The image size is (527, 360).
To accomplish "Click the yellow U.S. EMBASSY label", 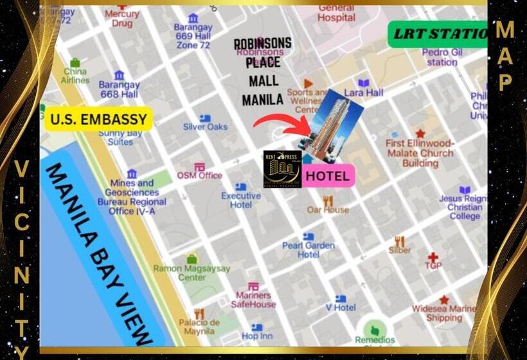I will click(x=99, y=119).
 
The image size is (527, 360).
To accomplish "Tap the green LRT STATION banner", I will click(x=439, y=34).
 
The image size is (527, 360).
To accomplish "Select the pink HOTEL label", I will click(x=328, y=175).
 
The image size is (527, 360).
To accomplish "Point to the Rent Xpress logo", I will click(x=282, y=169).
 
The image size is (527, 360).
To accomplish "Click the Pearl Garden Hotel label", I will click(x=308, y=249).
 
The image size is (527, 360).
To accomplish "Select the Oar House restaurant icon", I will click(x=328, y=201).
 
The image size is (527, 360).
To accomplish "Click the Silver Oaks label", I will click(x=205, y=127).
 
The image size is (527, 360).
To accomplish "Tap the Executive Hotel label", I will click(x=241, y=200).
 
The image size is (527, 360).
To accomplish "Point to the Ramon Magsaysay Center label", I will click(x=192, y=273).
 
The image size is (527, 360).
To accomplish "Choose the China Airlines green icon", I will click(x=75, y=63).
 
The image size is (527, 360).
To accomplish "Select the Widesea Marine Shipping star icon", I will click(x=444, y=300).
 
